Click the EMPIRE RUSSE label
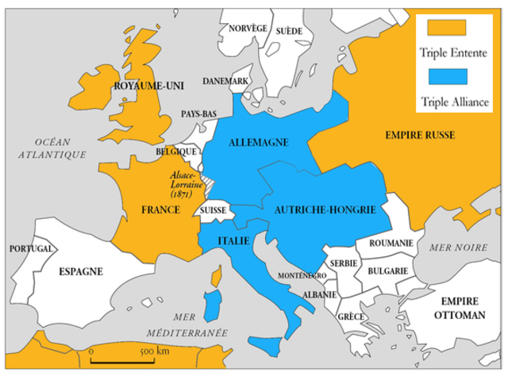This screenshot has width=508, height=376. (420, 136)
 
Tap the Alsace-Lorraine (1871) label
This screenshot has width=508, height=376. (187, 183)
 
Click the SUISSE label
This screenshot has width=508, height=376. (214, 211)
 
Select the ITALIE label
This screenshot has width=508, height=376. (233, 240)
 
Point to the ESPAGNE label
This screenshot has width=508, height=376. (80, 271)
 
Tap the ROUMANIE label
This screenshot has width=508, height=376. (391, 243)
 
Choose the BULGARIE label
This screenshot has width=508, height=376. (387, 270)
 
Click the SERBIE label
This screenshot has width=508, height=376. (344, 263)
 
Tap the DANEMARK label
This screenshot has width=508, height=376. (225, 81)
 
